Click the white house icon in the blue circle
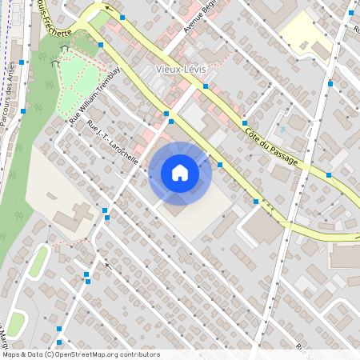pos(180,173)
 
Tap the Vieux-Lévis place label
pos(182,69)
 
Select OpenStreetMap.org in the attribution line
pos(106,354)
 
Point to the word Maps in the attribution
pos(12,354)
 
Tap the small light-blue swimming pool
pos(282,129)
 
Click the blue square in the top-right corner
pos(350,14)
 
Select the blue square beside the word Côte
pos(242,123)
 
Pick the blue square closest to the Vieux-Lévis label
pos(206,86)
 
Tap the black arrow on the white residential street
pos(104,263)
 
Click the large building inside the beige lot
pos(77,216)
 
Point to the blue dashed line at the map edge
pos(5,48)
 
